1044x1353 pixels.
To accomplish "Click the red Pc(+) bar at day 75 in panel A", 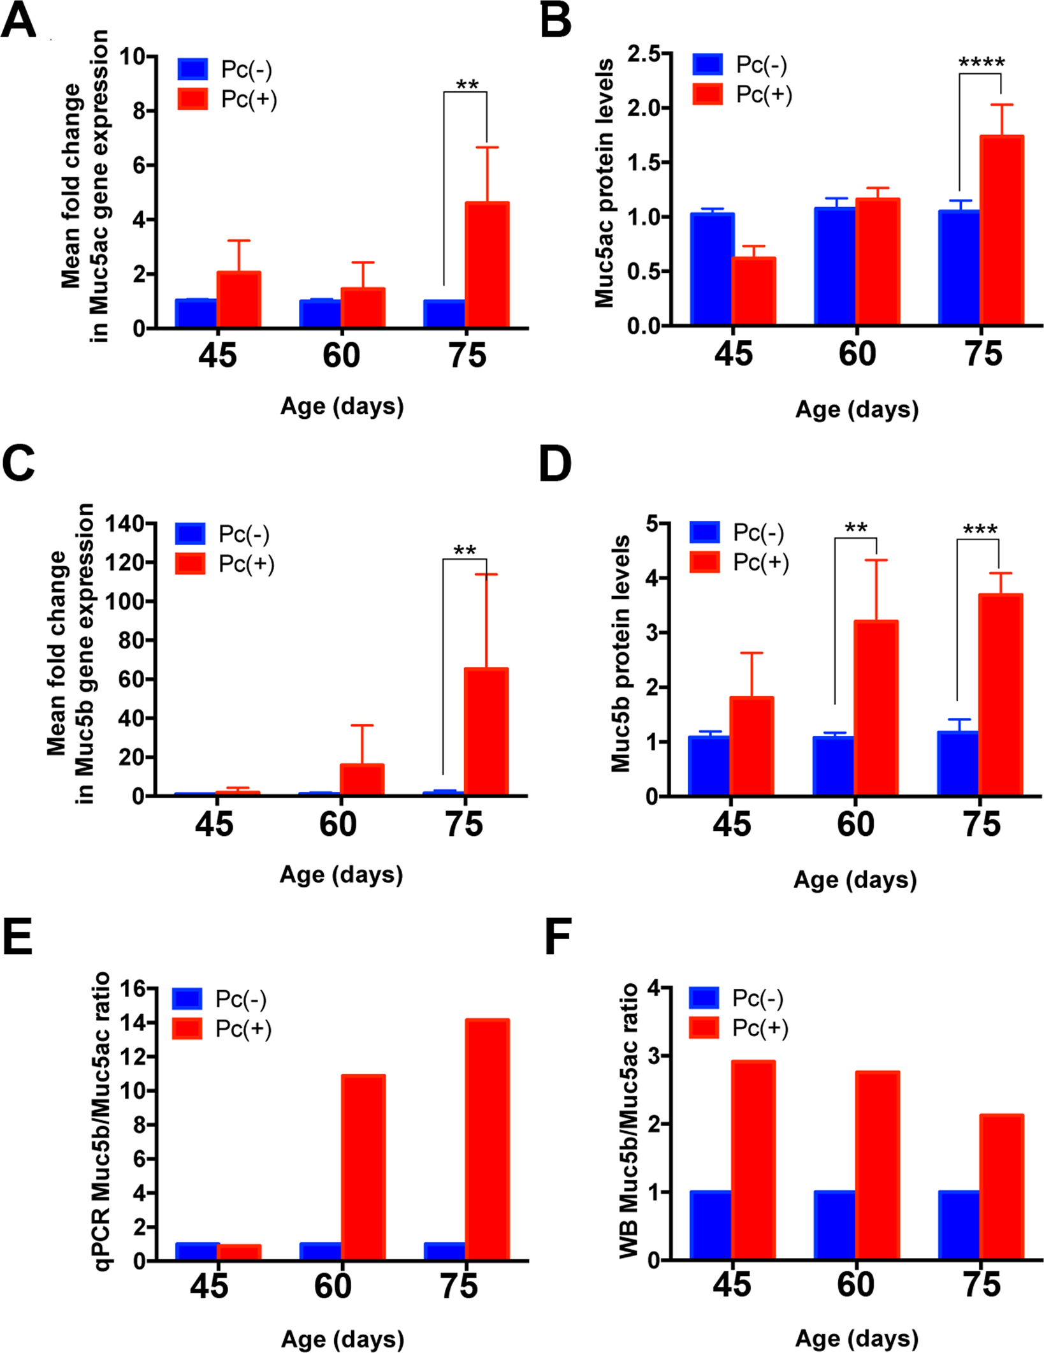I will [x=487, y=265].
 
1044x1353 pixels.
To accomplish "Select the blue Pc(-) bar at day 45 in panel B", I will [x=712, y=269].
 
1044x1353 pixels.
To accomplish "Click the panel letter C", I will [x=18, y=464].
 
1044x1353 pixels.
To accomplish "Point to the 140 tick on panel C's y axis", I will [x=124, y=524].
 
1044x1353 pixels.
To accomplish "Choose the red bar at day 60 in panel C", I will [x=362, y=779].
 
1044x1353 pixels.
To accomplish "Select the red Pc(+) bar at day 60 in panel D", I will [x=876, y=708].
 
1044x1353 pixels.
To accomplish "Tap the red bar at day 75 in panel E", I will [x=488, y=1139].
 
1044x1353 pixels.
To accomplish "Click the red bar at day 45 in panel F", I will [x=753, y=1160].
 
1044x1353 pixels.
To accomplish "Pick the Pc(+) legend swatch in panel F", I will [x=704, y=1028].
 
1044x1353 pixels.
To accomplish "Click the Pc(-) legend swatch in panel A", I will [x=193, y=69].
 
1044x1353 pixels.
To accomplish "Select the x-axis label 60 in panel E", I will [x=333, y=1285].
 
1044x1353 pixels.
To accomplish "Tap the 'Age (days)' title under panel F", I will [x=857, y=1338].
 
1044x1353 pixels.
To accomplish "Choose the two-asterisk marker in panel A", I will [x=467, y=85].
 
